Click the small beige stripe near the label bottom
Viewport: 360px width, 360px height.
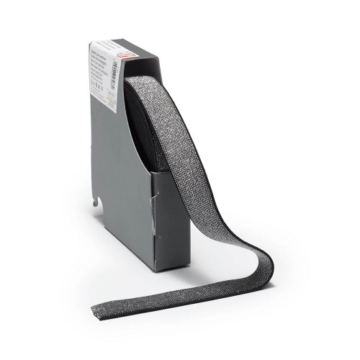coord(120,108)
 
